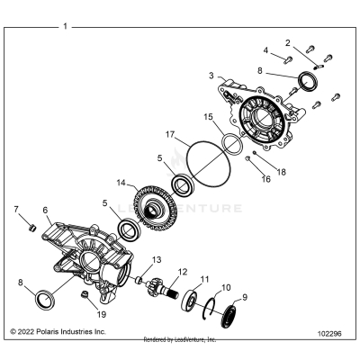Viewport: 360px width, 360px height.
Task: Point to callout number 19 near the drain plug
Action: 102,315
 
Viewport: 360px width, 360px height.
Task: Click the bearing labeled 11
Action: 195,299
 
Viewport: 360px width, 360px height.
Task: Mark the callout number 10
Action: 226,288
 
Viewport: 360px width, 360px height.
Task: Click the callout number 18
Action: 283,171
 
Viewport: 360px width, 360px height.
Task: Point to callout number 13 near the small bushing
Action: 156,259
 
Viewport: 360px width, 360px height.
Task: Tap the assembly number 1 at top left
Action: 65,27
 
